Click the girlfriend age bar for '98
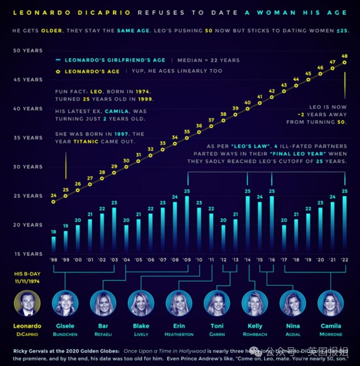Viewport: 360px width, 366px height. [x=53, y=244]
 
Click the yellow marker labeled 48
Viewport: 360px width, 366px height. [x=345, y=63]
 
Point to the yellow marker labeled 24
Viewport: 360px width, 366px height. [x=53, y=202]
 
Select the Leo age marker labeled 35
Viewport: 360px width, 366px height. [x=187, y=138]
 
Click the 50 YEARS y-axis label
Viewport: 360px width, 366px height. [x=28, y=50]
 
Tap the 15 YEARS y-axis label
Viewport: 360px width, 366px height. [x=28, y=254]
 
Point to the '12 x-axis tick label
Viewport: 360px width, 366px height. [x=223, y=260]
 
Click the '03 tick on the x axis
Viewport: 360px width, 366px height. [x=114, y=260]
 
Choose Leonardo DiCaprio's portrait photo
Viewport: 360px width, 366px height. [x=28, y=303]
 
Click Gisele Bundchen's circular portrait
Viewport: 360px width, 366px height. [x=65, y=303]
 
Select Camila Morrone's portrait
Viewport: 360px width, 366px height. [x=331, y=303]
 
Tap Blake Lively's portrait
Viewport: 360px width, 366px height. [x=141, y=303]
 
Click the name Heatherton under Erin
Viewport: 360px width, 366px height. [x=179, y=334]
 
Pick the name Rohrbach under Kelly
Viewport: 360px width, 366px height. [x=255, y=334]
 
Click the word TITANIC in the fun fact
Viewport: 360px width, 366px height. [x=86, y=141]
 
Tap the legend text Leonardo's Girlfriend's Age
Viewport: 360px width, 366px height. [x=115, y=60]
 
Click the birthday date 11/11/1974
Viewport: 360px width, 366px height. [x=28, y=281]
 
